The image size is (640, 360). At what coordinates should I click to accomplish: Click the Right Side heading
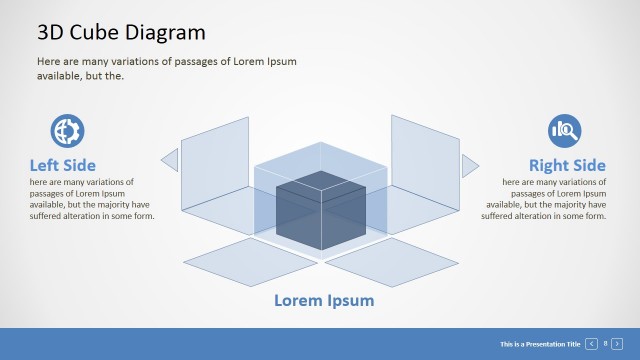tap(567, 165)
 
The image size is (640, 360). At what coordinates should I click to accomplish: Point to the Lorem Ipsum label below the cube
tap(324, 300)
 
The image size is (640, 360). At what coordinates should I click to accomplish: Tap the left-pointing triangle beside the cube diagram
tap(170, 160)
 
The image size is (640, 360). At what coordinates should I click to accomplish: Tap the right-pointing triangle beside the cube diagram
tap(469, 165)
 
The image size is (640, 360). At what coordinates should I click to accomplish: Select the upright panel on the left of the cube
tap(215, 165)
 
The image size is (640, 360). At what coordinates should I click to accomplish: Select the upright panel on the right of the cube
tap(424, 165)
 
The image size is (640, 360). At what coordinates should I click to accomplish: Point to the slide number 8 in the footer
tap(606, 344)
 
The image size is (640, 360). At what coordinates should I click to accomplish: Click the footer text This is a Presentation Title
tap(540, 344)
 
